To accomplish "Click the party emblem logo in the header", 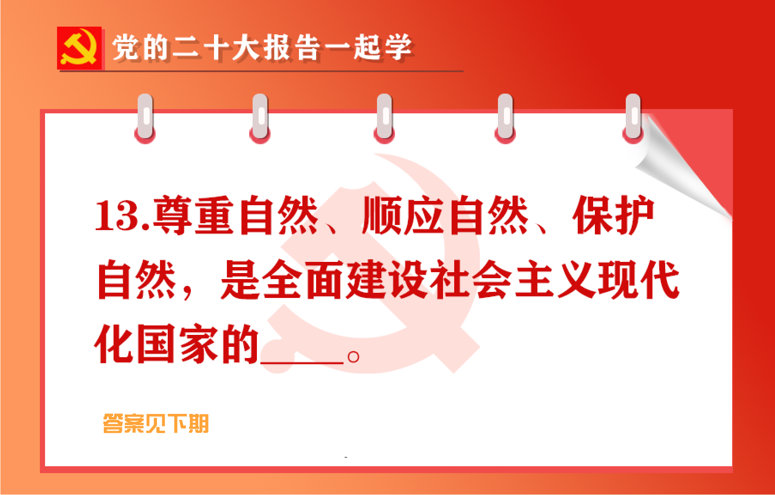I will coord(79,48).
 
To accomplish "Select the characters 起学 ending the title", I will coord(383,47).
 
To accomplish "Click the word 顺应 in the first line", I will coord(403,216).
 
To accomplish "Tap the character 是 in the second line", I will coord(240,280).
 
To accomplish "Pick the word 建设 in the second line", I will coord(388,280).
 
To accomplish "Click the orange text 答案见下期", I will coord(156,424).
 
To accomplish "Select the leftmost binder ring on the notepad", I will coord(145,118).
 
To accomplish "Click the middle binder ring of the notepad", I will coord(384,118).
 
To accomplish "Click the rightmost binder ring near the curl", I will coord(633,118).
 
